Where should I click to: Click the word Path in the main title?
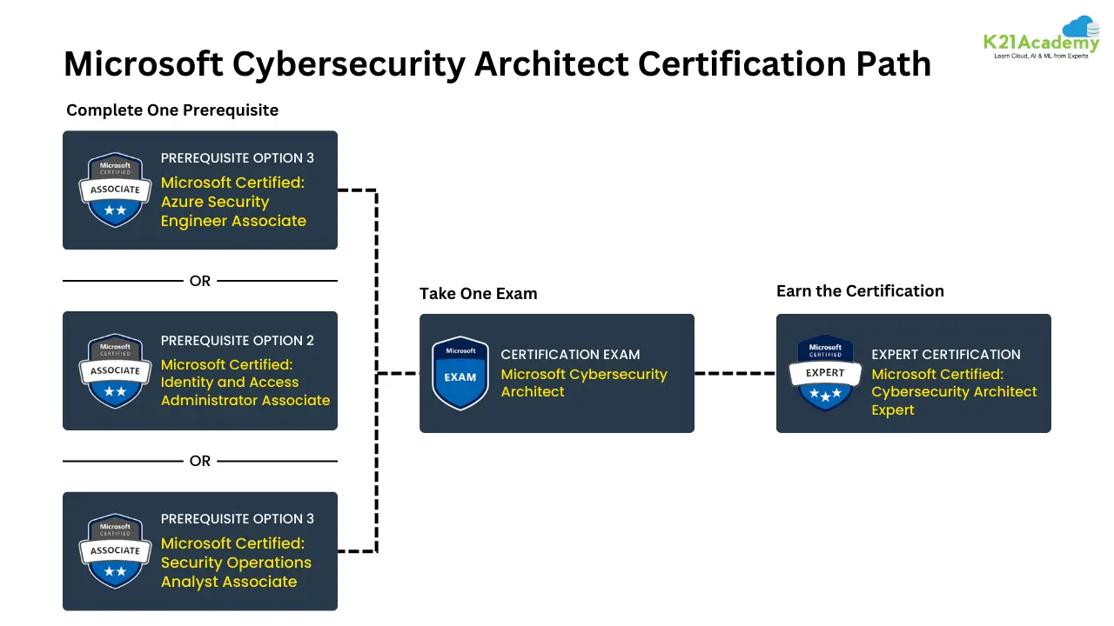[x=888, y=63]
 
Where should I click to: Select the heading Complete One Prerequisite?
[x=172, y=110]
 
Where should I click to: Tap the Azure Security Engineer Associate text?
[x=233, y=202]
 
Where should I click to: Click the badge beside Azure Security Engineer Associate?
[x=115, y=190]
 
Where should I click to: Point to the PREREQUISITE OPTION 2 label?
[x=237, y=340]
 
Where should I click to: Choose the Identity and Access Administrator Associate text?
[x=245, y=383]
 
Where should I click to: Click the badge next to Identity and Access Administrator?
[x=115, y=370]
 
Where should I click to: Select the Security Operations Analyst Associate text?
[x=236, y=563]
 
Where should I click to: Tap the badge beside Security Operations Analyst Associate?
[x=115, y=550]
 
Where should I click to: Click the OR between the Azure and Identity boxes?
[x=200, y=281]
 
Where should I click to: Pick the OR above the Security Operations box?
[x=200, y=461]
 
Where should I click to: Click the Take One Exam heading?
[x=478, y=294]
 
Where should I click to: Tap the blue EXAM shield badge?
[x=460, y=373]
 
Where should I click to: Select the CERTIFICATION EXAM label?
[x=570, y=355]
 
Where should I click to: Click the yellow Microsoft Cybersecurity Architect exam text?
[x=583, y=383]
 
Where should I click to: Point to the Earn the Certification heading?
[x=860, y=291]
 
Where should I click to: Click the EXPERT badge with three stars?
[x=825, y=373]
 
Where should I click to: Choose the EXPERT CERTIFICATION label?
[x=945, y=355]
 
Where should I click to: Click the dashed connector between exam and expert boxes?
[x=735, y=373]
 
